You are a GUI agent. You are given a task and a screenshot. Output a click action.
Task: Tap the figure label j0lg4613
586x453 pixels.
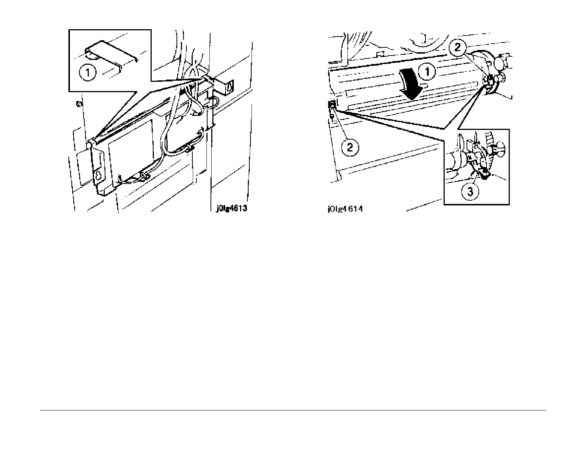[x=231, y=208]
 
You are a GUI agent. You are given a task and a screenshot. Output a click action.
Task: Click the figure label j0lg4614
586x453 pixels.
[x=345, y=209]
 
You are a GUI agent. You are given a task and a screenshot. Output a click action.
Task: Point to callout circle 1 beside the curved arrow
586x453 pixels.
[x=427, y=71]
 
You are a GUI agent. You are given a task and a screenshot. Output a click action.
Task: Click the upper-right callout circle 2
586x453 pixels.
[x=458, y=47]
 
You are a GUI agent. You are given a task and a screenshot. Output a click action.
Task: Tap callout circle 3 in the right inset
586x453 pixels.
[x=470, y=192]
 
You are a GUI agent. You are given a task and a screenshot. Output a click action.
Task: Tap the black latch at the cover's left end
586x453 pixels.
[x=332, y=106]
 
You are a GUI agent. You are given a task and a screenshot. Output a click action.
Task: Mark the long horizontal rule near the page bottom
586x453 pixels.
[x=293, y=410]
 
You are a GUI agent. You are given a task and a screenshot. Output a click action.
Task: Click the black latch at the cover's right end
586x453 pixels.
[x=490, y=79]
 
